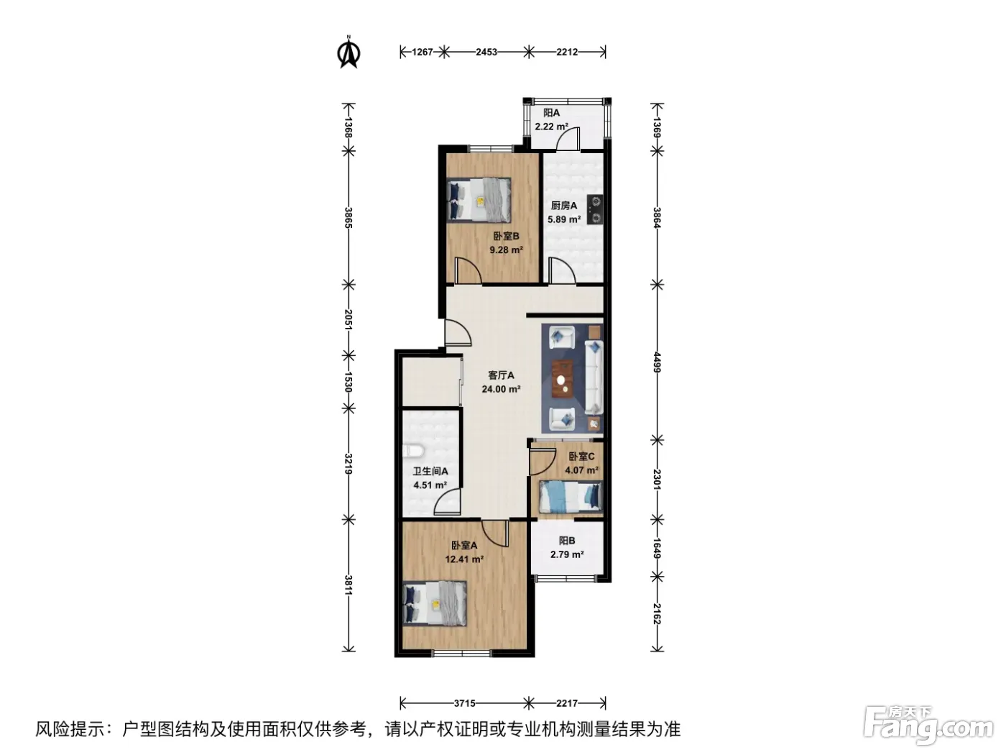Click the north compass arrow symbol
pos(349,52)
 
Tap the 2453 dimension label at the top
pos(486,52)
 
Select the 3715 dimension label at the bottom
pos(464,703)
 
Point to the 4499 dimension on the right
pos(657,362)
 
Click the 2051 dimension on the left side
pos(349,320)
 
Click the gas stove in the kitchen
pos(594,209)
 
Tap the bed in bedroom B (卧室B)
pos(479,201)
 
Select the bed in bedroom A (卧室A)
pos(435,603)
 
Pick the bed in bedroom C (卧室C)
pos(570,496)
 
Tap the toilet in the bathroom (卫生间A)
pos(412,451)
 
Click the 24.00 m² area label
pos(501,389)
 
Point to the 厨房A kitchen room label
pos(564,206)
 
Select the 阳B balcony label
pos(567,541)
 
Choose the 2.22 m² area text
pos(552,127)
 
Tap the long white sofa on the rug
pos(594,377)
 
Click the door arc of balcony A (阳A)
pos(568,138)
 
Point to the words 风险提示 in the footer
pos(70,729)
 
